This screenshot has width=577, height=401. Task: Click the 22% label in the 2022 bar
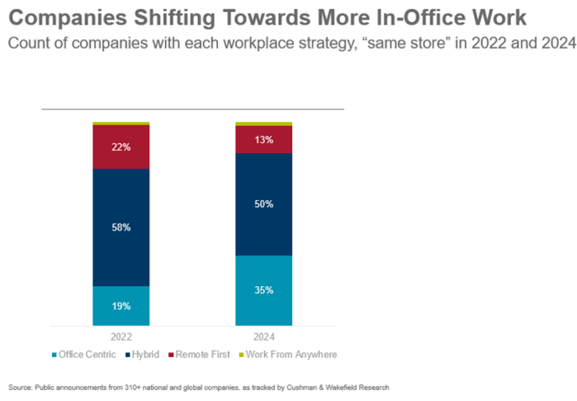[121, 148]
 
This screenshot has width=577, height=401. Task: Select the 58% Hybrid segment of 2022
[121, 227]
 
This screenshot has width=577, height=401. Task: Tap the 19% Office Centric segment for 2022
[121, 306]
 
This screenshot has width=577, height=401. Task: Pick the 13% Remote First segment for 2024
[264, 140]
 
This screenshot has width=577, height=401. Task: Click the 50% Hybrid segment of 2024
[264, 204]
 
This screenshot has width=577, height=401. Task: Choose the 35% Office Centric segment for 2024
[264, 290]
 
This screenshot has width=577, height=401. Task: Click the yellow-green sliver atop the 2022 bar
[121, 123]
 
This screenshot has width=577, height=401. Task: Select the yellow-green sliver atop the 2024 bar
[264, 123]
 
